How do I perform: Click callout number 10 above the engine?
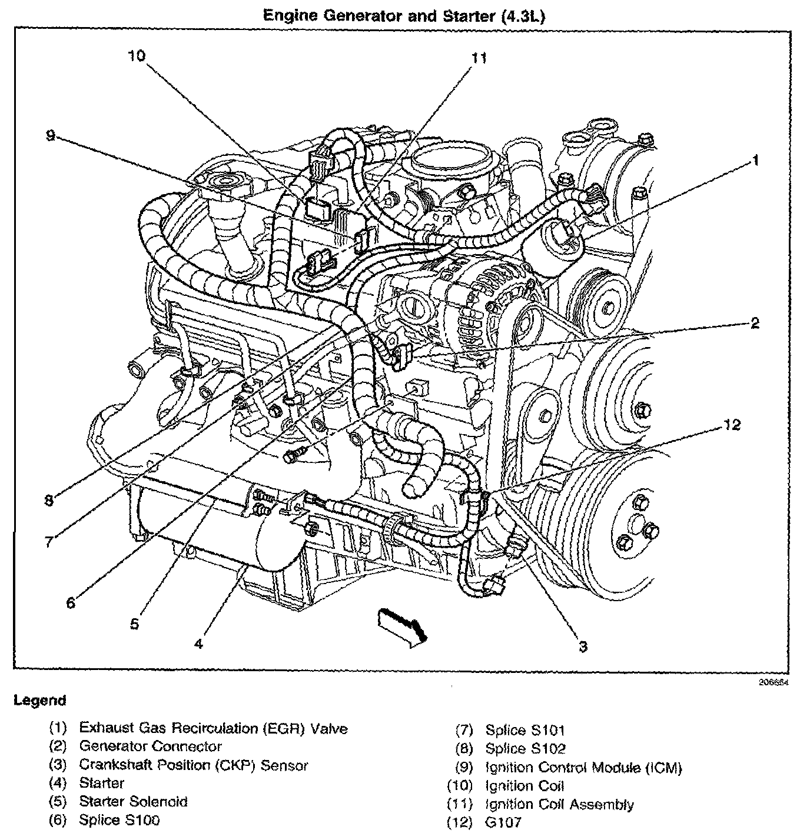click(137, 56)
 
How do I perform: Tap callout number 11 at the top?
click(479, 58)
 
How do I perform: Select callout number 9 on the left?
click(51, 136)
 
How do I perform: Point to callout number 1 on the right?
click(755, 161)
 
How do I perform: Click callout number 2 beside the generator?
click(755, 323)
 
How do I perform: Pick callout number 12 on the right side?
click(732, 424)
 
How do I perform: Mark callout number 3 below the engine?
click(583, 647)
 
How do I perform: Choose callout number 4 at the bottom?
click(199, 644)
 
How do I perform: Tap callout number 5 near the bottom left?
click(134, 624)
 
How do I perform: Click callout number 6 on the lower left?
click(71, 603)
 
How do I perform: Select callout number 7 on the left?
click(49, 542)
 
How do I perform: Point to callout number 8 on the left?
click(49, 501)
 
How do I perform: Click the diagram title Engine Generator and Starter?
click(404, 16)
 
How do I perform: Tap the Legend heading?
click(40, 701)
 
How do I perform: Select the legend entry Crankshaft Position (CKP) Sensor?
click(193, 765)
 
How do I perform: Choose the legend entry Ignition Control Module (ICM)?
click(583, 768)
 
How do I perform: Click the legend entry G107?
click(503, 822)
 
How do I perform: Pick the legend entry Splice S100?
click(119, 819)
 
